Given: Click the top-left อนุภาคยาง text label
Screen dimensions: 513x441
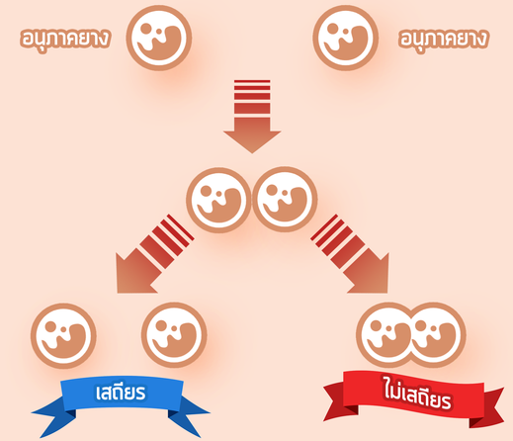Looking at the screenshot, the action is pos(65,39).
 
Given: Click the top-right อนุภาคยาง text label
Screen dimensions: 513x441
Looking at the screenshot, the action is pos(443,39).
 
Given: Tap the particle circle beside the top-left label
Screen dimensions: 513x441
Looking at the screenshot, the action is pos(159,38).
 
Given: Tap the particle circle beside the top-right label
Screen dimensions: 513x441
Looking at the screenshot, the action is pos(345,38).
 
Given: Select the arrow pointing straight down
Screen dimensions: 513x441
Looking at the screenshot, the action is pos(252,117).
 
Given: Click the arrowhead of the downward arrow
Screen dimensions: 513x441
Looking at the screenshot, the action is pos(252,141).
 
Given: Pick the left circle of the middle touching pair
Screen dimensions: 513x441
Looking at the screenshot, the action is pos(218,200).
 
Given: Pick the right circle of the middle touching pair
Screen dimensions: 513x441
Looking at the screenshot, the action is pos(285,200).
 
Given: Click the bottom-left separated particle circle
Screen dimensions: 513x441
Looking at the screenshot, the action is pos(63,335).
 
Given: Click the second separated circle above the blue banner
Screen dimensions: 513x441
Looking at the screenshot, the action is pos(174,335).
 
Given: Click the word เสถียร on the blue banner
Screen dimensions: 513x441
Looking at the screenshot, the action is pos(121,393).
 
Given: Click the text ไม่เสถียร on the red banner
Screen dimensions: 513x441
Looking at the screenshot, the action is pos(417,393).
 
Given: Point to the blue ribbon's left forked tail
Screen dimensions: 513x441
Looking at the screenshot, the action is pos(54,416).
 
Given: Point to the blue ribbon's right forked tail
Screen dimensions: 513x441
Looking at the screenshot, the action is pos(188,416).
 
